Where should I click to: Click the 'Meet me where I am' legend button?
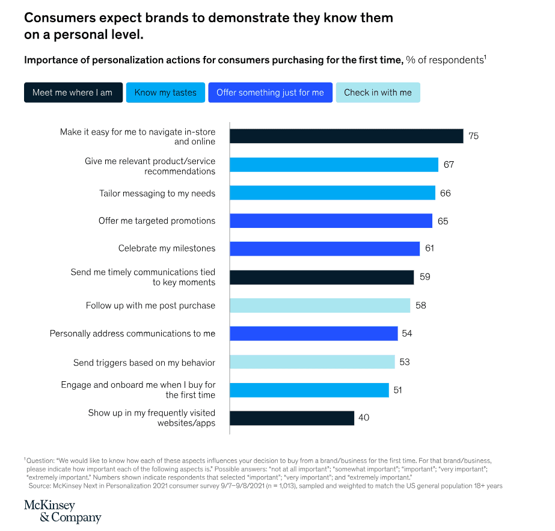pos(73,93)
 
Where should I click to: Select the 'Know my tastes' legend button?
pos(165,93)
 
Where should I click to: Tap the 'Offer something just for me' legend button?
pos(270,93)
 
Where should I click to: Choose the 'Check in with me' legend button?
pos(378,93)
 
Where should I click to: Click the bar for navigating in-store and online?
pos(346,136)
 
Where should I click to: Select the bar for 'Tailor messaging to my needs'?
pos(333,193)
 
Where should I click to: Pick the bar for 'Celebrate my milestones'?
pos(325,248)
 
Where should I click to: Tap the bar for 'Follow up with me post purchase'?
pos(320,305)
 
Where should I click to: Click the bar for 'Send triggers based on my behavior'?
pos(312,362)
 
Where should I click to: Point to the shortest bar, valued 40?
pos(292,418)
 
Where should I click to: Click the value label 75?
pos(473,136)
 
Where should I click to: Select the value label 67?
pos(449,165)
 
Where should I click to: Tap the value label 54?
pos(408,333)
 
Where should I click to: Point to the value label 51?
pos(397,390)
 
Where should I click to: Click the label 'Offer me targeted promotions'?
pos(157,221)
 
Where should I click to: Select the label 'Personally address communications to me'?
pos(132,333)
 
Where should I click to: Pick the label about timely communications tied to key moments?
pos(143,277)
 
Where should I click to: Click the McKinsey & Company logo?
pos(63,511)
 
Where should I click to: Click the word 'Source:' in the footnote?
pos(40,485)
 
